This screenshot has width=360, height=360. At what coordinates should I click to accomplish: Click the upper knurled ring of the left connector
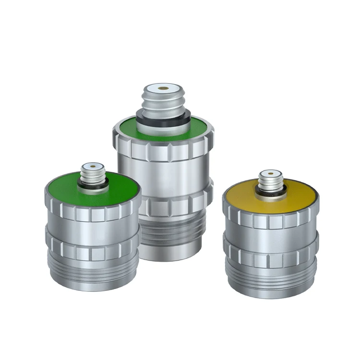[91, 211]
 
